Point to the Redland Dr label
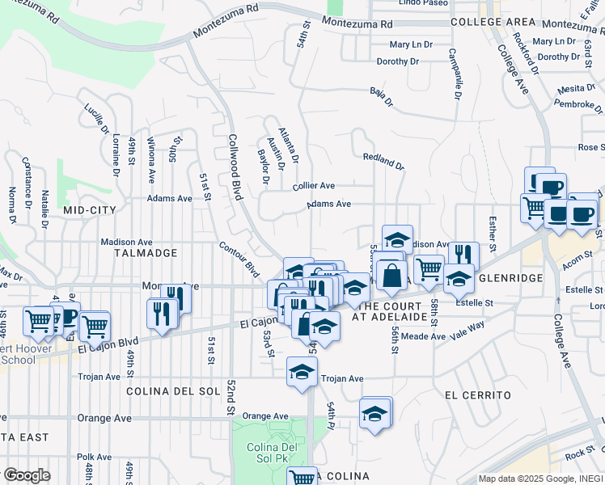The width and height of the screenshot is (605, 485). [383, 161]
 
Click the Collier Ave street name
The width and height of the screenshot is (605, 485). [314, 186]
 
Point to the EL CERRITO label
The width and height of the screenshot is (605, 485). [478, 395]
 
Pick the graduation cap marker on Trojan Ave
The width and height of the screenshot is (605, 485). [302, 373]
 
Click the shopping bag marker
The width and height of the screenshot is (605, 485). [391, 273]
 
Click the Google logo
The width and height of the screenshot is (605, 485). [27, 475]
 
